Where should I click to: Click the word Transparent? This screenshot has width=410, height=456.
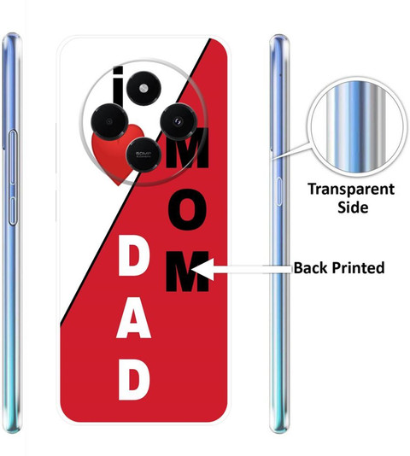[351, 190]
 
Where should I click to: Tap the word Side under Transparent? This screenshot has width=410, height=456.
[353, 207]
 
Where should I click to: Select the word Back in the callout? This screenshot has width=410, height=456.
[310, 267]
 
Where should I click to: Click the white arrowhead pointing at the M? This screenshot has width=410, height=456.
[202, 269]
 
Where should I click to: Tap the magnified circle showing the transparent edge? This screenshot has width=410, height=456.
[357, 128]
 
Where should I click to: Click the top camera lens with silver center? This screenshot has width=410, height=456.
[143, 89]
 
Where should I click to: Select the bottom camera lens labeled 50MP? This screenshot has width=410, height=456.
[143, 155]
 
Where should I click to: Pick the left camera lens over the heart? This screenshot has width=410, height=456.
[109, 121]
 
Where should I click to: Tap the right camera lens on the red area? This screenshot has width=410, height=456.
[178, 121]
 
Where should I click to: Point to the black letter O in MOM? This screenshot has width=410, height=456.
[187, 210]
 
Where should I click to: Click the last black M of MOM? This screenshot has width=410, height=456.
[187, 272]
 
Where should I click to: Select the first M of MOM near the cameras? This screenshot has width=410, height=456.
[188, 149]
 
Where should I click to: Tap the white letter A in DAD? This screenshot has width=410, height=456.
[133, 319]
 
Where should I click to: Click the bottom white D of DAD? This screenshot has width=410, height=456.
[134, 379]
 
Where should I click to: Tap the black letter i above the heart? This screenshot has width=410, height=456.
[119, 85]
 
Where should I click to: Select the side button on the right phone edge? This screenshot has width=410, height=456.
[278, 191]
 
